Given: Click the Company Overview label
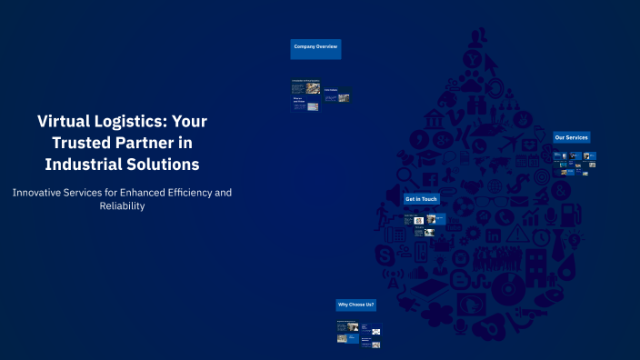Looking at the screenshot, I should [x=315, y=45].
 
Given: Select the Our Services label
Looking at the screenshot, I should [x=571, y=137].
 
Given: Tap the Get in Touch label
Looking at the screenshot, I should [x=421, y=198].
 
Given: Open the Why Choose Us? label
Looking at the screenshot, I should [x=355, y=305].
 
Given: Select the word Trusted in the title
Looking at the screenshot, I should [x=85, y=143].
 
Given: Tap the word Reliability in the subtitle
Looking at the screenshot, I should [x=122, y=206].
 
